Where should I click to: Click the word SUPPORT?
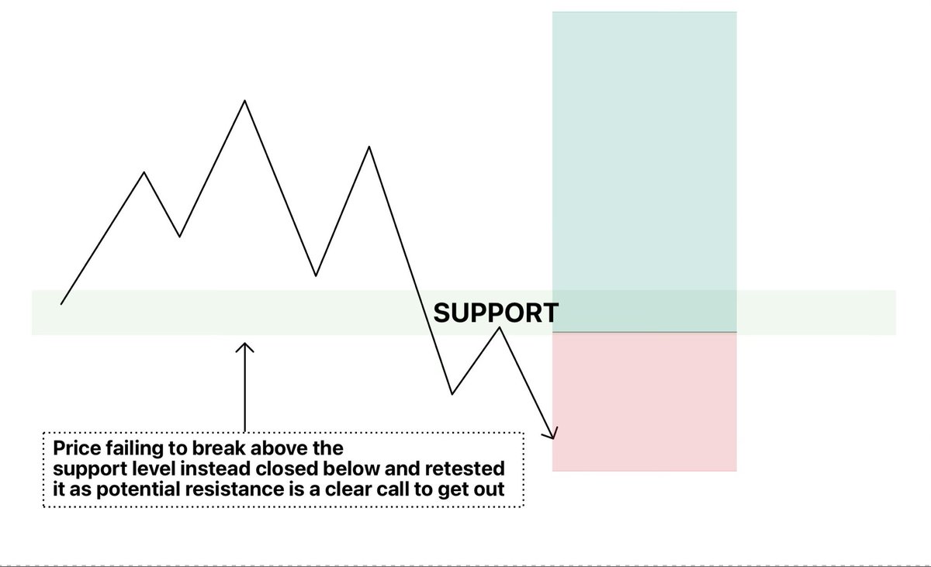pyautogui.click(x=495, y=313)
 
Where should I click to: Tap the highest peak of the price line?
pyautogui.click(x=245, y=101)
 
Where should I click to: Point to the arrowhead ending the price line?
pyautogui.click(x=554, y=435)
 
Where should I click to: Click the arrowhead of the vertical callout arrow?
pyautogui.click(x=244, y=346)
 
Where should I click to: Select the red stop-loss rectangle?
pyautogui.click(x=644, y=402)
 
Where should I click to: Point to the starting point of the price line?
pyautogui.click(x=61, y=303)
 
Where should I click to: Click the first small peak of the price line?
pyautogui.click(x=144, y=172)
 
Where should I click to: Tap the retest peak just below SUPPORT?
pyautogui.click(x=499, y=328)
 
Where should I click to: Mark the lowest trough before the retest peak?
pyautogui.click(x=452, y=394)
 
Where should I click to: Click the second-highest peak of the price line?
pyautogui.click(x=369, y=147)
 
